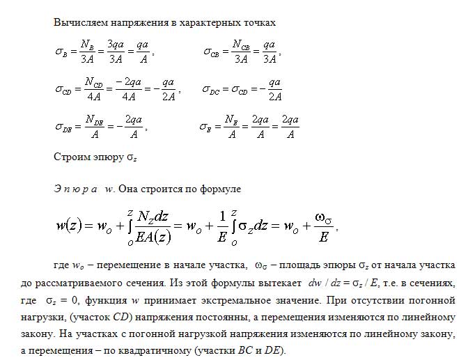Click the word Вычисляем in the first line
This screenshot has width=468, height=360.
point(77,22)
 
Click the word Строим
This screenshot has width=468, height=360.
point(71,157)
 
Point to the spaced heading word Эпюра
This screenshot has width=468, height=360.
point(75,189)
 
